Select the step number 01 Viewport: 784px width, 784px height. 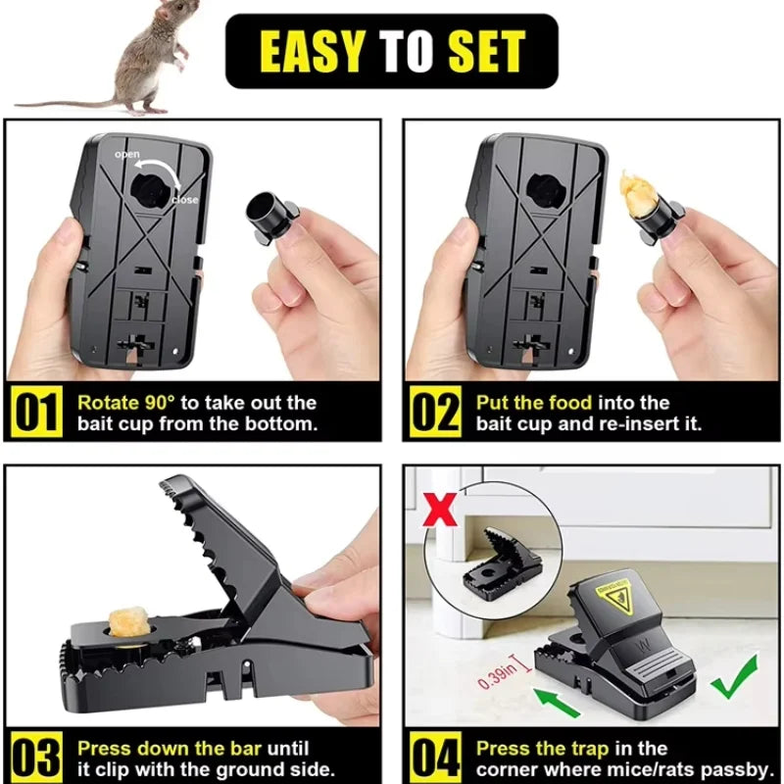38,413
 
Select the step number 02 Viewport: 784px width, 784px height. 434,413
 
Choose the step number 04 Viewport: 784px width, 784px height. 435,758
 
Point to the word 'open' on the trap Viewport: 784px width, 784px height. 127,156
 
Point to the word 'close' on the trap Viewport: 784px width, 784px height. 183,200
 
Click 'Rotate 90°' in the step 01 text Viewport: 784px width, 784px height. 127,403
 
